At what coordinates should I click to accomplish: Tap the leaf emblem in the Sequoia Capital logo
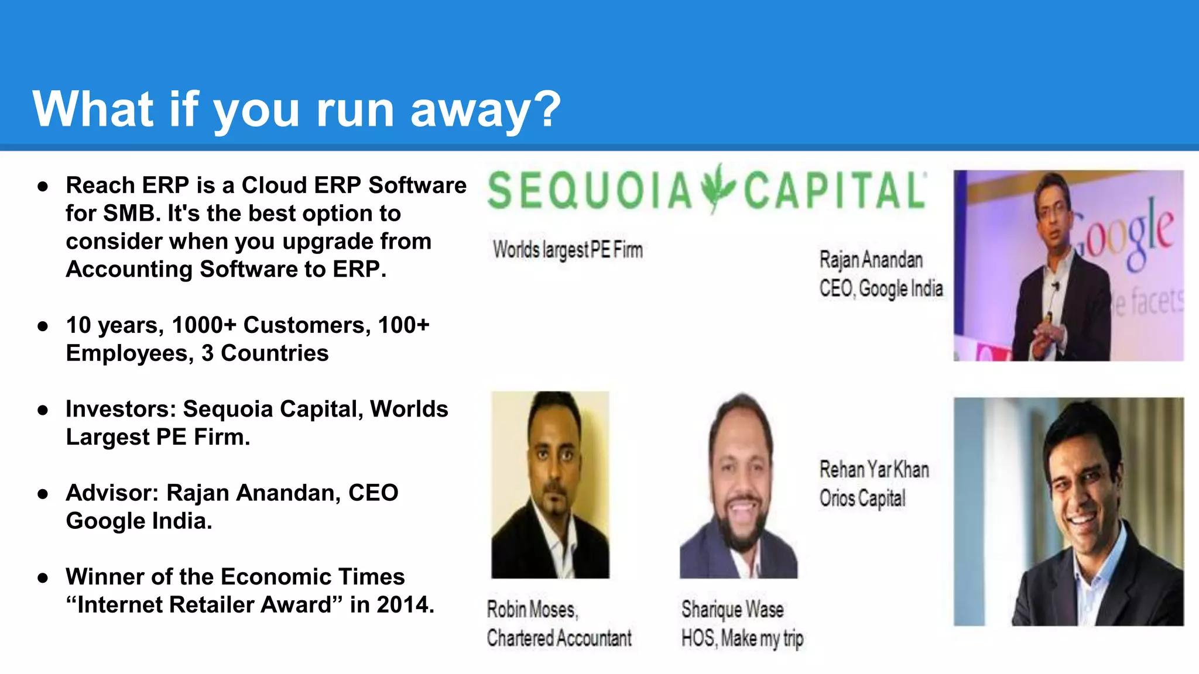click(x=718, y=188)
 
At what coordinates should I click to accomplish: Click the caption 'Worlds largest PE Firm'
click(x=567, y=250)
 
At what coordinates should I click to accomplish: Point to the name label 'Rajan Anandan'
click(x=871, y=260)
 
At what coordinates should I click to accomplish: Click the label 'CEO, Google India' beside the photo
click(x=881, y=288)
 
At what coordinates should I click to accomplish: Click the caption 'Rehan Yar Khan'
click(x=873, y=469)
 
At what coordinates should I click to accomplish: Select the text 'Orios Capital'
click(x=862, y=498)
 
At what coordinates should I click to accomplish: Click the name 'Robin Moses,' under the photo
click(x=532, y=610)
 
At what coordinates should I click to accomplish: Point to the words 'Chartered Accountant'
click(x=559, y=638)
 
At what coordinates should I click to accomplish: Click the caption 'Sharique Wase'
click(x=732, y=610)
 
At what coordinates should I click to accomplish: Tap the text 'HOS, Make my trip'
click(x=742, y=638)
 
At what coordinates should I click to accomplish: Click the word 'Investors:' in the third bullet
click(x=121, y=409)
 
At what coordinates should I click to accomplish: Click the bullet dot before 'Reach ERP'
click(x=43, y=187)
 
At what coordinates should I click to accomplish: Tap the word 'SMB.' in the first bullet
click(x=132, y=214)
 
